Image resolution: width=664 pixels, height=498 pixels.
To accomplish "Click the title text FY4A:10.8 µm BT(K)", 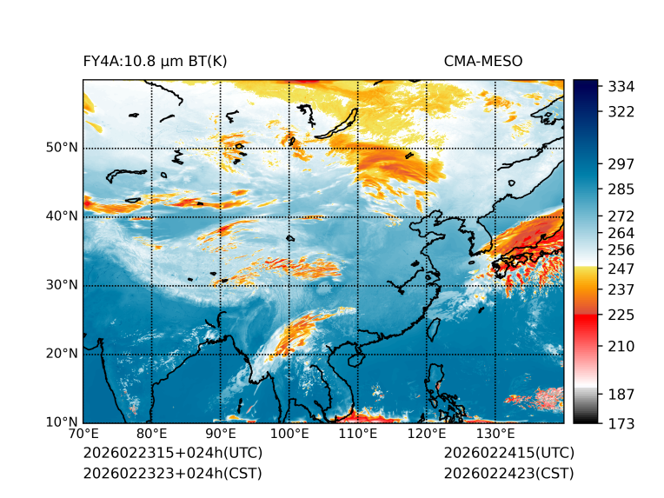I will [x=156, y=61].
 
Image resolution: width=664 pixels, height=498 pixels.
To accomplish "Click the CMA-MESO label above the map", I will [x=483, y=61].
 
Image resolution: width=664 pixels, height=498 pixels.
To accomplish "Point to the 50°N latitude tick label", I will [x=62, y=148].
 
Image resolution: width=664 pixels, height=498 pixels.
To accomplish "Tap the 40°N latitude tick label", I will [x=62, y=216].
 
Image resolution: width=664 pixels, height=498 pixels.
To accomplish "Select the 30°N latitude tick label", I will [x=62, y=285].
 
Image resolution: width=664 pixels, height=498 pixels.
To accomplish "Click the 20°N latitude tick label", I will [x=62, y=354].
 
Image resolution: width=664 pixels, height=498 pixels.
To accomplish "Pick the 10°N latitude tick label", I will [x=62, y=422].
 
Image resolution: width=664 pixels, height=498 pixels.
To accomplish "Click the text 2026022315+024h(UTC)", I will [x=173, y=454].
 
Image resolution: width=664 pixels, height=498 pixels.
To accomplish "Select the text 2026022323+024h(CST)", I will [x=172, y=474].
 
